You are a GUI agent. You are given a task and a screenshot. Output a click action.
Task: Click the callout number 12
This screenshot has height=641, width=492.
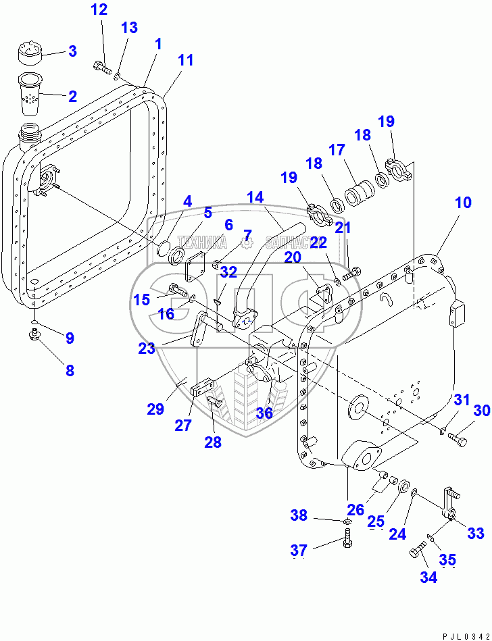point(99,10)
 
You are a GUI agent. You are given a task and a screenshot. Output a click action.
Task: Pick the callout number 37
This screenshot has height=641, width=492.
point(299,551)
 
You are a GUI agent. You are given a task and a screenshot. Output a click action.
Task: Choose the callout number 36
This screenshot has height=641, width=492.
point(264,412)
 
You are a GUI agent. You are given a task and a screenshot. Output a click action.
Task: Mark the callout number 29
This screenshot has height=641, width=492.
point(155,408)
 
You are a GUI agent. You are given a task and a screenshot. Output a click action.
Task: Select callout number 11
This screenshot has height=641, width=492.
point(185,60)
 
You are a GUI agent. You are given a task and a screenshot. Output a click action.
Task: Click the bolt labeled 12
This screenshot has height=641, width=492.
point(102,67)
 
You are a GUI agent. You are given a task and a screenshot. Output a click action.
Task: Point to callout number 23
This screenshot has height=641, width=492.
point(147,348)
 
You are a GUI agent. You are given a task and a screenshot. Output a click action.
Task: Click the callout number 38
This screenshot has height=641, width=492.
point(299,515)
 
